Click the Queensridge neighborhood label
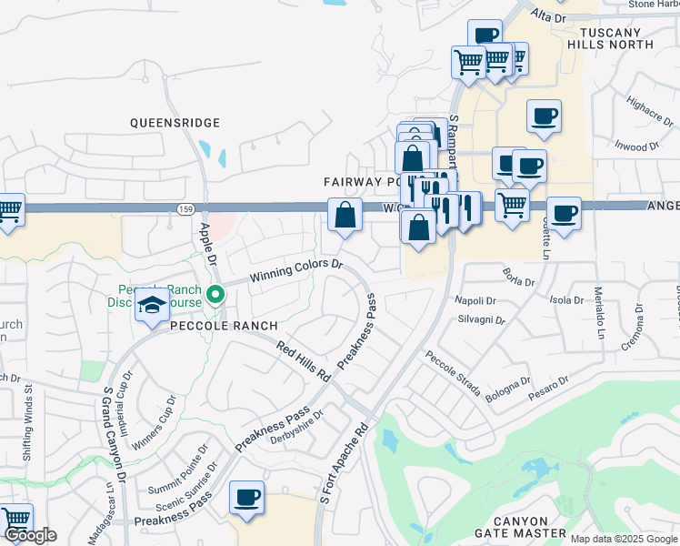(175, 122)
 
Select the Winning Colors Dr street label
(296, 269)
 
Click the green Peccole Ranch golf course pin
(215, 294)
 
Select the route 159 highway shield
(185, 209)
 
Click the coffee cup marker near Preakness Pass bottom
(246, 498)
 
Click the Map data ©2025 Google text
(623, 539)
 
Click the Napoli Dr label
(479, 300)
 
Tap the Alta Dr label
(548, 16)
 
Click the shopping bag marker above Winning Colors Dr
(345, 217)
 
